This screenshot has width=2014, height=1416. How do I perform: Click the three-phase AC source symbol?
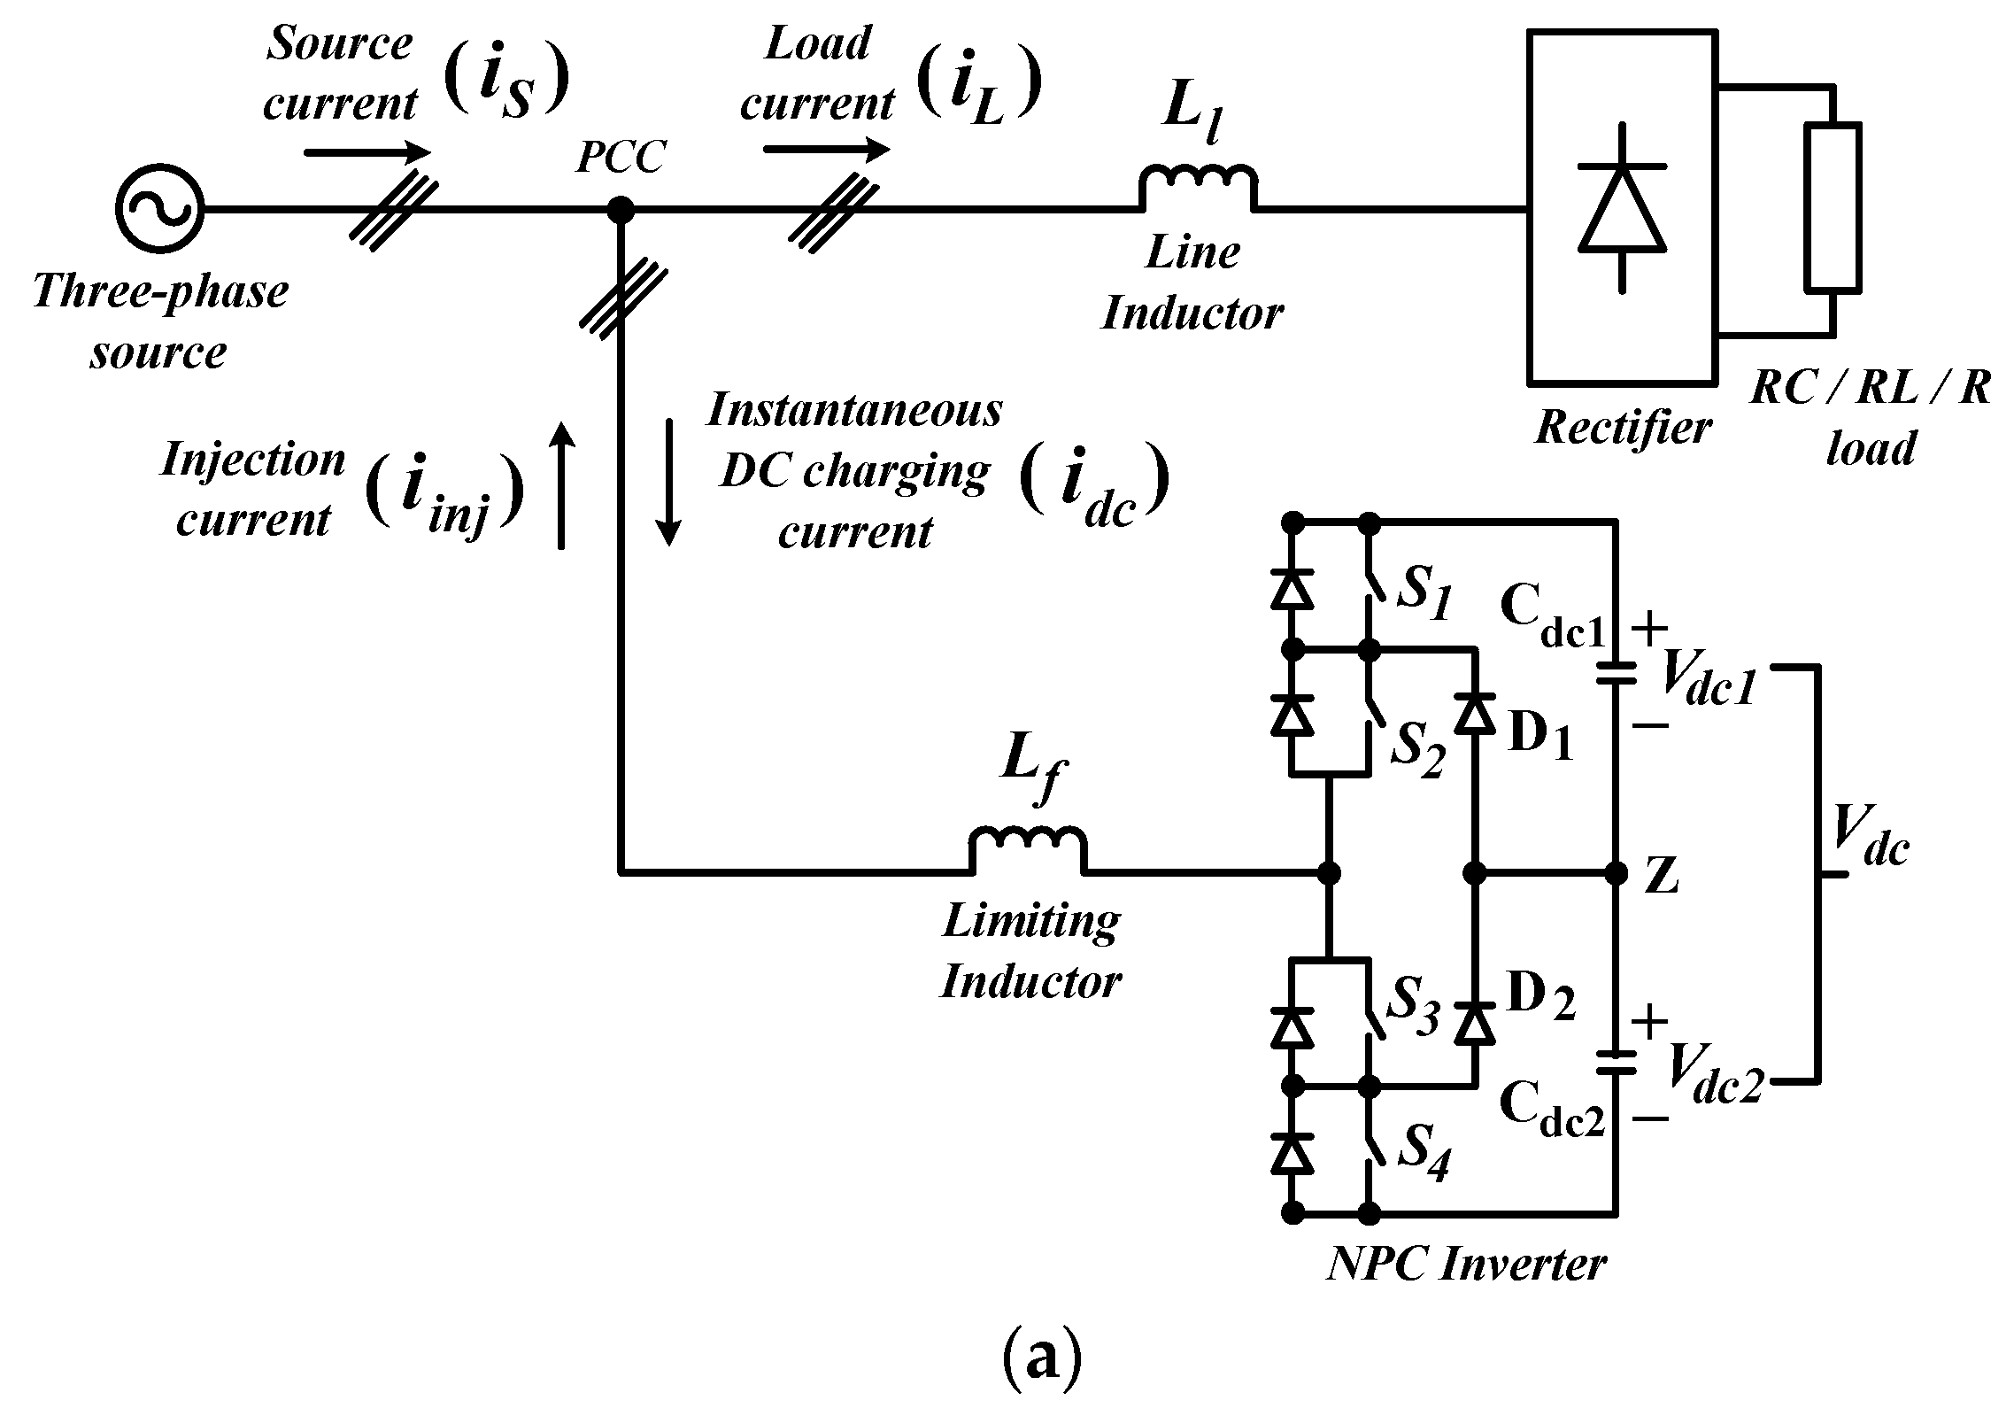[x=159, y=210]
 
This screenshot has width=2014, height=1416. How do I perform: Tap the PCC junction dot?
[x=620, y=210]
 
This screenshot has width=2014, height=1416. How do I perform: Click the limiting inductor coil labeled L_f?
[x=1027, y=850]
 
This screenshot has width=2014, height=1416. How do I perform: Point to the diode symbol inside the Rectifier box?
[x=1622, y=209]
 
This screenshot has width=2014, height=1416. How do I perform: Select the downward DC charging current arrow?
[x=669, y=484]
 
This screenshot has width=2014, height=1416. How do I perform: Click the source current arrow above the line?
[x=367, y=152]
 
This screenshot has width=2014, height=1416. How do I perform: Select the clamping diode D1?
[x=1474, y=713]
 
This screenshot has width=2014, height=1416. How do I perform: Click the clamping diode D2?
[x=1474, y=1025]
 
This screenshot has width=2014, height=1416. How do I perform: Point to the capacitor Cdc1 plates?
[x=1617, y=673]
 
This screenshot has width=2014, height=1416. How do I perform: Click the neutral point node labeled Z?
[x=1617, y=873]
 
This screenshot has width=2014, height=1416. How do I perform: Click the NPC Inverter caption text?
[x=1465, y=1264]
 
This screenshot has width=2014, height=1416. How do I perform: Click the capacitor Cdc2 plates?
[x=1617, y=1061]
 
